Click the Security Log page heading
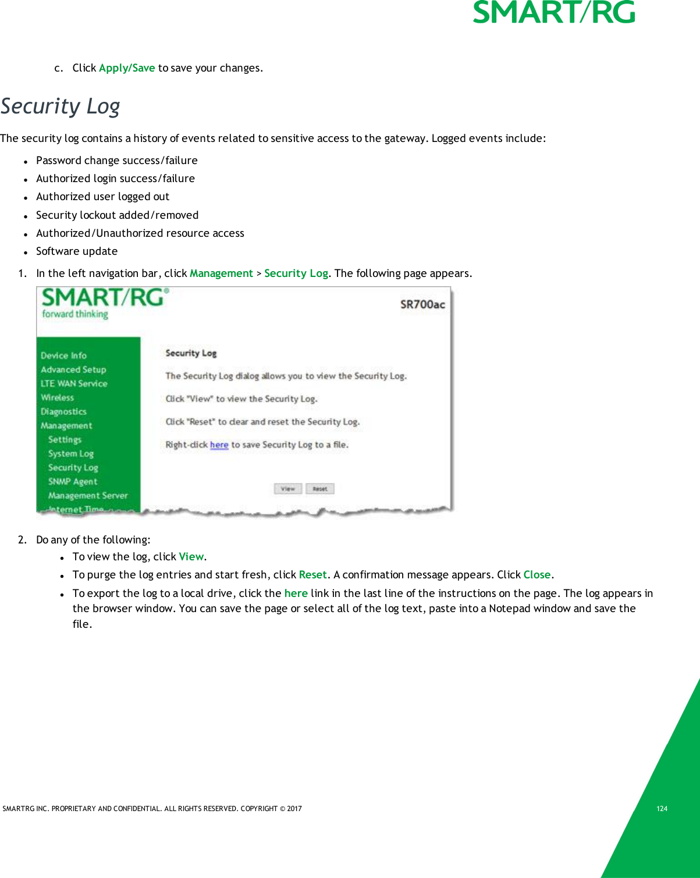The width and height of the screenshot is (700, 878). coord(60,106)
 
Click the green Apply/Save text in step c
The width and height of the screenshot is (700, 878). coord(127,68)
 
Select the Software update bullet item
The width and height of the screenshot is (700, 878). coord(77,251)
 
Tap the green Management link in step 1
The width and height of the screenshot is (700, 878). coord(221,273)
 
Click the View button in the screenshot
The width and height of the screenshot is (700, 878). coord(287,489)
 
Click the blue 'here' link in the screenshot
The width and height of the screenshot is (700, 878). coord(219,445)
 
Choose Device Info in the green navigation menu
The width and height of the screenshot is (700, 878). coord(63,356)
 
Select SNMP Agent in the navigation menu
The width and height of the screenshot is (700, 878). coord(73,482)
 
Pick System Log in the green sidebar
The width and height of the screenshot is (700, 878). coord(71,454)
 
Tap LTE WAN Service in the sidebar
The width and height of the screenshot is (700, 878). coord(74,383)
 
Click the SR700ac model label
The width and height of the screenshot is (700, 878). coord(422,304)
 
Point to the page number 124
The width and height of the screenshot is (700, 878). coord(662,809)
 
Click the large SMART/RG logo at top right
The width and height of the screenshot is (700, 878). coord(553,13)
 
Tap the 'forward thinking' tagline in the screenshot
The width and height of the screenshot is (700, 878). coord(75,314)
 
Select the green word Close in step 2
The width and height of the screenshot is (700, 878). coord(536,575)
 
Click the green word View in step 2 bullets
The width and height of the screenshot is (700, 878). coord(191,557)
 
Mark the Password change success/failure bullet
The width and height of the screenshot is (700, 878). coord(116,161)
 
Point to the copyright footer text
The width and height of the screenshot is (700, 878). coord(152,809)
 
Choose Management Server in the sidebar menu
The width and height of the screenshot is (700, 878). coord(88,496)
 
